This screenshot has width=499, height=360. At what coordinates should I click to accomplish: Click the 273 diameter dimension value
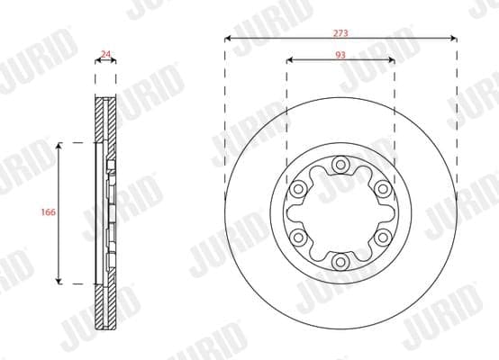[340, 33]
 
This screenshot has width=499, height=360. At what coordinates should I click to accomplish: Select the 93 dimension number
[340, 55]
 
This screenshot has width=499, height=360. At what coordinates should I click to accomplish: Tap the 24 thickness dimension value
[105, 54]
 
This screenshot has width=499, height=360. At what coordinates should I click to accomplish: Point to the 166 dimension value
[49, 211]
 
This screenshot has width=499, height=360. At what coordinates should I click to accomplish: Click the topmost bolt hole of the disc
[340, 165]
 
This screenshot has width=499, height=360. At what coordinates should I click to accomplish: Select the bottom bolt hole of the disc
[340, 262]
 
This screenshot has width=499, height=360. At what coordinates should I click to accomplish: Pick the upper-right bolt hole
[383, 189]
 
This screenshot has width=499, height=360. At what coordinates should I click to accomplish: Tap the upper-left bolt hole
[298, 189]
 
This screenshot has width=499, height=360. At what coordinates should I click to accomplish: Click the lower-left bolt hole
[298, 238]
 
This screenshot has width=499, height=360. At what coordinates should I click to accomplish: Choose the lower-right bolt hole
[383, 238]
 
